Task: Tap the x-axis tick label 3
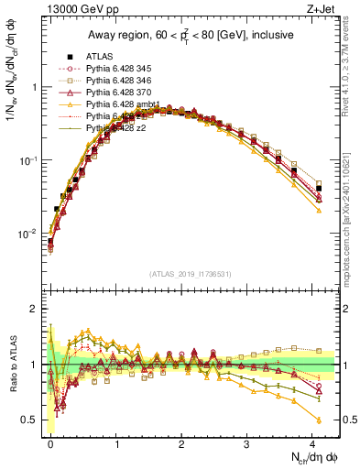coord(247,442)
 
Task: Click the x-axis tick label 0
coord(50,442)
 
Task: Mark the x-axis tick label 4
coord(312,442)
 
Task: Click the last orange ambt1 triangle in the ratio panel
coord(319,420)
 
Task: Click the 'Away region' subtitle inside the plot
coord(193,35)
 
